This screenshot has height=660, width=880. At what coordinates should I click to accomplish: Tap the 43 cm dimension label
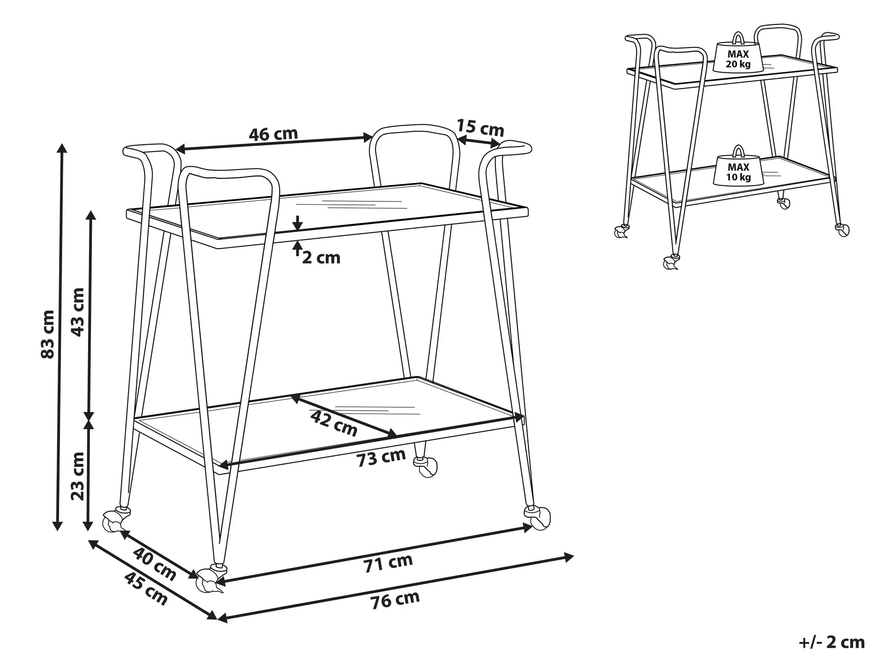[x=78, y=312]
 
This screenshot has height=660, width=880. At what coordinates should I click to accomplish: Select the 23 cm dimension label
[x=78, y=476]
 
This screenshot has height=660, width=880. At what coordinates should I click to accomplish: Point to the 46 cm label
[x=273, y=133]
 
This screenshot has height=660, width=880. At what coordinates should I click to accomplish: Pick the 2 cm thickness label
[x=321, y=258]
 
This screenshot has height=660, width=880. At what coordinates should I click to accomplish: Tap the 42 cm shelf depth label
[x=334, y=423]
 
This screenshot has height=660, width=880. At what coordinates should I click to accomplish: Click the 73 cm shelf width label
[x=381, y=458]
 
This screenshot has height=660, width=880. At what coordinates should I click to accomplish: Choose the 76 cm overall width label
[x=395, y=600]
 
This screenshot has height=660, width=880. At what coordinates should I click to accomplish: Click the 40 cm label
[x=154, y=564]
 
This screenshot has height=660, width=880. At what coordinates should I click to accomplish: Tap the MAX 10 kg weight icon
[x=738, y=169]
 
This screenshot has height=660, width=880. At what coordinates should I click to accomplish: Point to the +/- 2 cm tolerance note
[x=832, y=641]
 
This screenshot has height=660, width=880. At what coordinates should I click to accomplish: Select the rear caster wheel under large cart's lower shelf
[x=425, y=466]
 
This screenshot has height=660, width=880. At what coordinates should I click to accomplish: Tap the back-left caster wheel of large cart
[x=115, y=521]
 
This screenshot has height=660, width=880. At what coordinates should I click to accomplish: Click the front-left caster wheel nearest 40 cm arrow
[x=209, y=581]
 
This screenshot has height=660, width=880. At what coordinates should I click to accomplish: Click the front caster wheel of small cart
[x=670, y=263]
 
